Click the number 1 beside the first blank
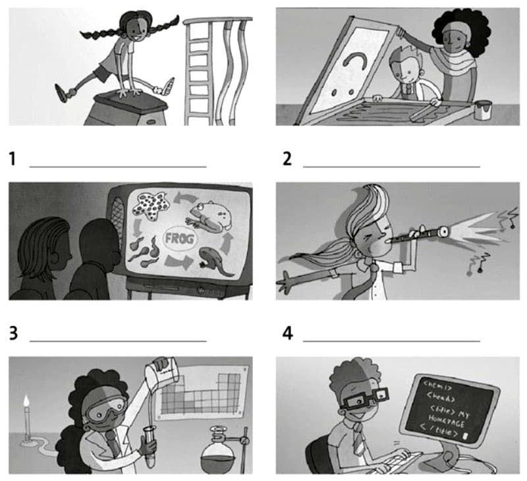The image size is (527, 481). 13,159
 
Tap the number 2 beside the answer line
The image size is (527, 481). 287,159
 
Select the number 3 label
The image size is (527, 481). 13,333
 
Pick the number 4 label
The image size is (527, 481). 288,333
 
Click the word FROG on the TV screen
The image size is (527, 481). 179,239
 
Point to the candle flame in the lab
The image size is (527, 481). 26,401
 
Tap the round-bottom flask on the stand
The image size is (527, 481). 217,453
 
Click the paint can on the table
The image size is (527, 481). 483,110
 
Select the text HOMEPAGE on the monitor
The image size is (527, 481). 446,421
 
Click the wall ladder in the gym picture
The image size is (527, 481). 200,72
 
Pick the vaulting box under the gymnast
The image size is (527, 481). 126,109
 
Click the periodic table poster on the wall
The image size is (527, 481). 202,393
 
